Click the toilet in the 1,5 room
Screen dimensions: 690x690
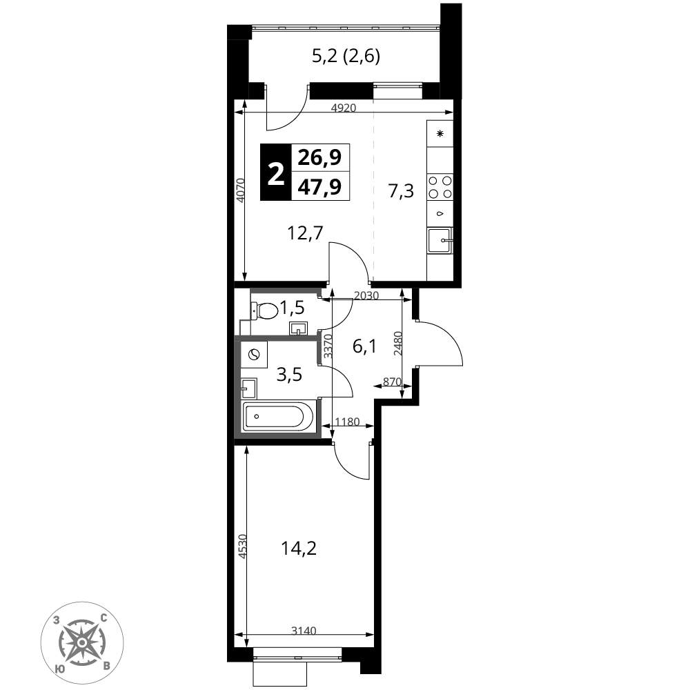click(265, 310)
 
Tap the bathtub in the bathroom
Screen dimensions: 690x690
click(278, 416)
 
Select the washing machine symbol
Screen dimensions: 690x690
click(254, 355)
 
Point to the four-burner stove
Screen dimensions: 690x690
click(440, 186)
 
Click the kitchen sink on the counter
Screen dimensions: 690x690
click(439, 241)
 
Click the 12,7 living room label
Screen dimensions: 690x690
click(305, 233)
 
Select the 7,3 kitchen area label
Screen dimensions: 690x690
click(402, 192)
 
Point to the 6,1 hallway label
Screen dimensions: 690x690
click(364, 347)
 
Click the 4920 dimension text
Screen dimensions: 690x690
click(343, 108)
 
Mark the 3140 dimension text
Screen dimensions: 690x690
click(304, 631)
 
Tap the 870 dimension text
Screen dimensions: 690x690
click(392, 382)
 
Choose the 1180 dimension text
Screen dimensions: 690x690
click(348, 422)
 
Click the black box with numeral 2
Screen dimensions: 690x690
click(276, 172)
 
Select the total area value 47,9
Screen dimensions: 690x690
click(320, 186)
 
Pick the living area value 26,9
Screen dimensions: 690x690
click(320, 157)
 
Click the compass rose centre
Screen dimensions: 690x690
click(82, 643)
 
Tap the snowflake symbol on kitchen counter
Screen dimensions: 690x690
click(440, 134)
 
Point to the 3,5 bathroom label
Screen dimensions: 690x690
click(289, 375)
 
